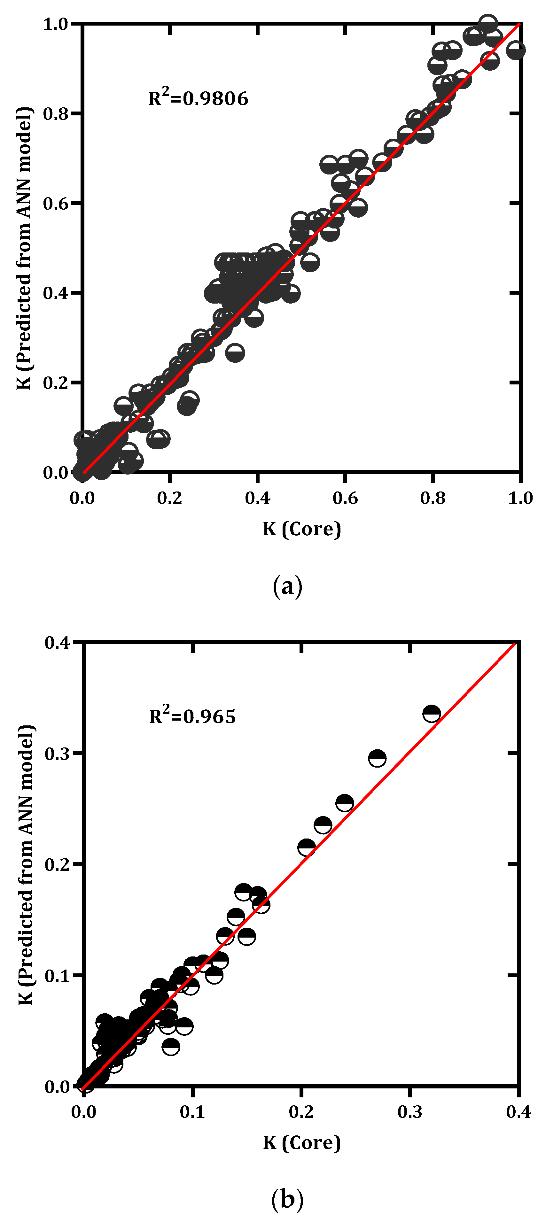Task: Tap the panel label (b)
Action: [287, 1200]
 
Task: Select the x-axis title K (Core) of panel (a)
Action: [302, 529]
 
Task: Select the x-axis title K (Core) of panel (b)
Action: [302, 1143]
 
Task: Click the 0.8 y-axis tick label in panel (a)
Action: [56, 114]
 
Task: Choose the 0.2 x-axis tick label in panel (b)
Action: [301, 1111]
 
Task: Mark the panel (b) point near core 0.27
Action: [377, 758]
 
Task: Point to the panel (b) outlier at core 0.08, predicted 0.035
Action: [171, 1047]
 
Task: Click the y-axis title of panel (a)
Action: [25, 248]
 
